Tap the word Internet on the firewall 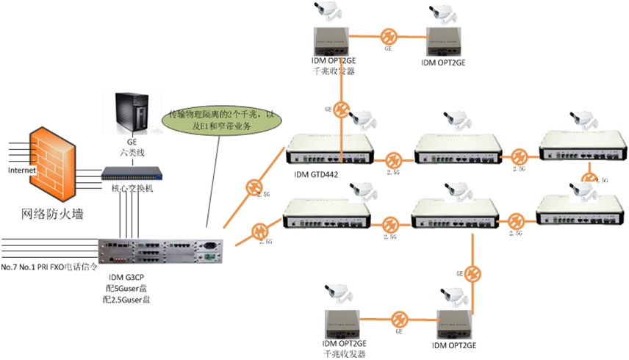tap(21, 170)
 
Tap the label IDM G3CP tap(125, 276)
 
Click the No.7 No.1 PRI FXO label tap(48, 266)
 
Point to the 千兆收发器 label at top tap(334, 71)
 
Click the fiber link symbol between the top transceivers tap(389, 37)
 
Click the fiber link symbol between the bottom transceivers tap(398, 320)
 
